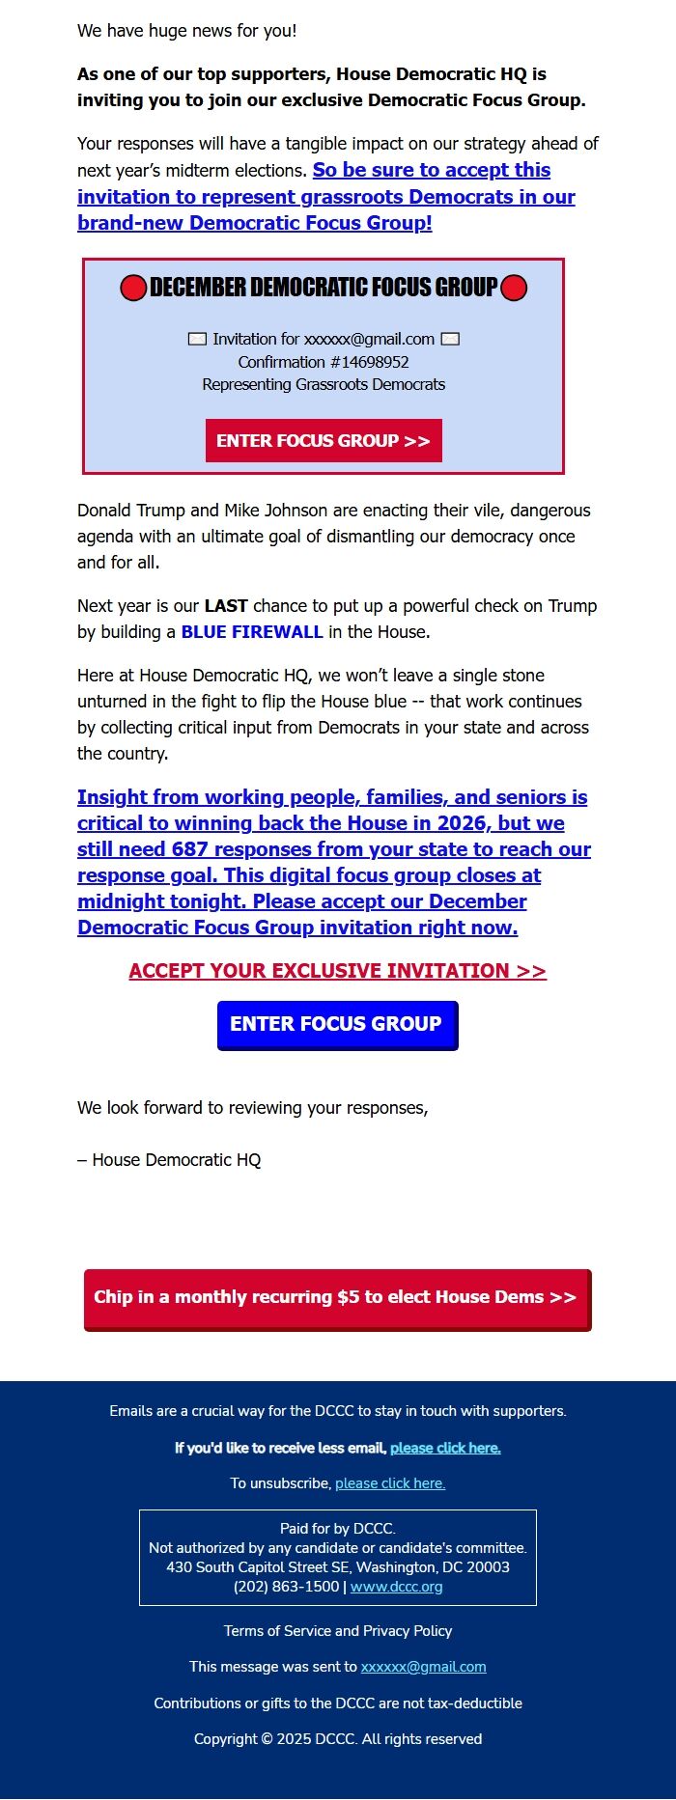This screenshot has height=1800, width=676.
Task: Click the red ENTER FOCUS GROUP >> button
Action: coord(324,441)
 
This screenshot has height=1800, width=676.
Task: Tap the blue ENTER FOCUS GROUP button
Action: coord(337,1024)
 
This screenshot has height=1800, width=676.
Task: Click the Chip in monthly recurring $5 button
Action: coord(336,1298)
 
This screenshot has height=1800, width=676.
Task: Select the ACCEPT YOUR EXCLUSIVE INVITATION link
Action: coord(337,971)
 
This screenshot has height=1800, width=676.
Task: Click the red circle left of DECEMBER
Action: coord(133,288)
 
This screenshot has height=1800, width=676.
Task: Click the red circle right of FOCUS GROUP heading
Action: coord(515,288)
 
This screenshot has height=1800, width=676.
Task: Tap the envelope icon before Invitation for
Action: coord(197,339)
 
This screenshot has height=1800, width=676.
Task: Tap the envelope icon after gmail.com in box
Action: coord(450,339)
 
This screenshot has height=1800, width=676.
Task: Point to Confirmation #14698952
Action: coord(324,362)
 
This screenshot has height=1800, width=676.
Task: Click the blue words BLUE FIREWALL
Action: coord(252,632)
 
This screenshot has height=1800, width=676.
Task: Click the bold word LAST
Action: coord(226,606)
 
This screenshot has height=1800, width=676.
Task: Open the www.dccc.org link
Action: coord(396,1587)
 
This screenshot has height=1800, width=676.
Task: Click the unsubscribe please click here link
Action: coord(390,1483)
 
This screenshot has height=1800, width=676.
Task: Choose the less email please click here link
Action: coord(445,1448)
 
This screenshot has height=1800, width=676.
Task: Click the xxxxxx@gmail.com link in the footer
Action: coord(423,1667)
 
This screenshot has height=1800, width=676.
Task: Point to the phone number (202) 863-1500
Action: coord(286,1587)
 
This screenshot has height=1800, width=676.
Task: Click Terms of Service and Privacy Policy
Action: coord(338,1631)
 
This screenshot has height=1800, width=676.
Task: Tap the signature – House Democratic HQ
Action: coord(169,1160)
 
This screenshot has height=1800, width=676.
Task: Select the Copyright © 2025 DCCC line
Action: coord(338,1739)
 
